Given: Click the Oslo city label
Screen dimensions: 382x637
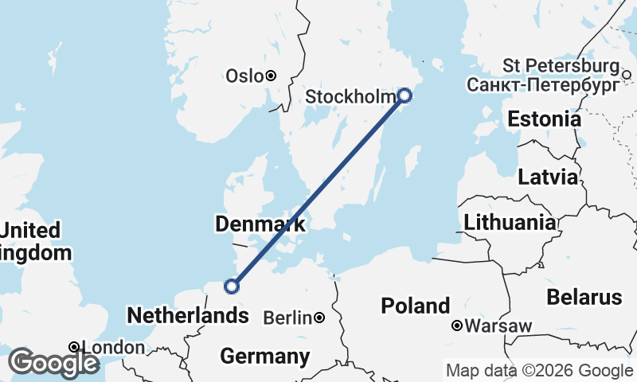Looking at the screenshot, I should point(244,76).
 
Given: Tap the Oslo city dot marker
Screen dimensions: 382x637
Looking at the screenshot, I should point(271,76).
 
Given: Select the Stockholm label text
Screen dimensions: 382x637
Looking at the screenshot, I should point(350,97).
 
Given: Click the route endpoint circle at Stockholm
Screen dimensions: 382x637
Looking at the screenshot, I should point(404,95).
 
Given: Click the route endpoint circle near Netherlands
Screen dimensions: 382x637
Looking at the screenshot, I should point(232,286).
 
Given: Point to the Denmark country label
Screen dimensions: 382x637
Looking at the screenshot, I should point(260,224).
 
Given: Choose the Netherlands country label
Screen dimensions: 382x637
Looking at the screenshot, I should point(187,316).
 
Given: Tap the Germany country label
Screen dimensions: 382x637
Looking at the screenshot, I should point(264,356).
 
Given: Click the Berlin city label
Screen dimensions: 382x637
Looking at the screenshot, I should point(286,318).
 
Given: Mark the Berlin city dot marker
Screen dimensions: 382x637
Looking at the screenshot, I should point(318,318).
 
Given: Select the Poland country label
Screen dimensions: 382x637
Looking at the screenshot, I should point(415,306).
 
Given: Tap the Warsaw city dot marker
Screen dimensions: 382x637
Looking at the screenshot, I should point(457,325).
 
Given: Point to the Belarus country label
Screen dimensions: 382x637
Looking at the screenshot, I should point(584,298).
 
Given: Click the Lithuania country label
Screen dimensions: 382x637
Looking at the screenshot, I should point(510,222).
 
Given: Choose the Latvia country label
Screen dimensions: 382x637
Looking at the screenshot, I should point(548,177).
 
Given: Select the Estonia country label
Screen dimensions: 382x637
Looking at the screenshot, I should point(544,119).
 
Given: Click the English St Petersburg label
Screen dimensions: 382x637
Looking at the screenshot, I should point(561,65).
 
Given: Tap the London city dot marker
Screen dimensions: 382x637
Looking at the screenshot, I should point(73,347).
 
